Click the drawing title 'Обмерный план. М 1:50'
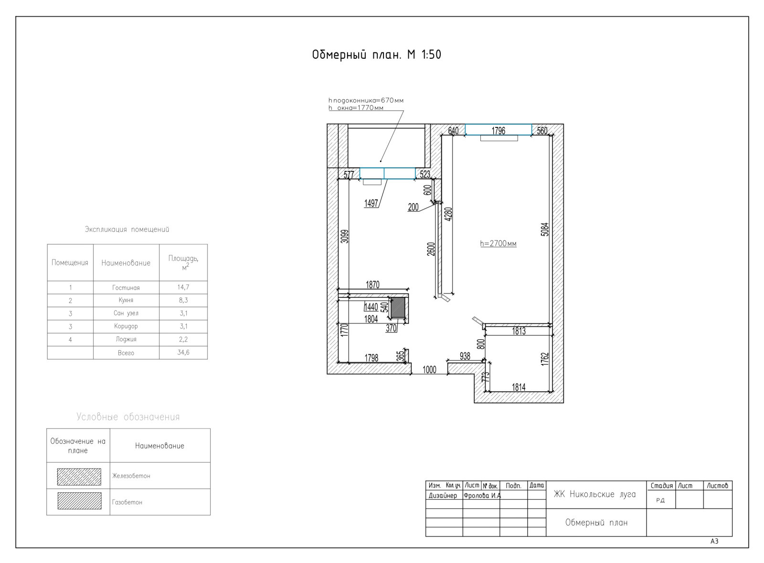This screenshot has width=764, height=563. pos(377,54)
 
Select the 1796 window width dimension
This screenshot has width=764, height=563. pos(498,131)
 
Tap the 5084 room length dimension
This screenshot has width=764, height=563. pos(545,229)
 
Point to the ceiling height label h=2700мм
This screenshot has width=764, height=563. pos(499,243)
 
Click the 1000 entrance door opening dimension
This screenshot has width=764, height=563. pos(429,370)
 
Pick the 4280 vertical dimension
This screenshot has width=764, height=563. pos(449,214)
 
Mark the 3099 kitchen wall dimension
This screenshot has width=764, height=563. pos(345,236)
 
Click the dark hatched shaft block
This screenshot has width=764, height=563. pos(397,308)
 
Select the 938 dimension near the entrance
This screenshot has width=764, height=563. pos(465,356)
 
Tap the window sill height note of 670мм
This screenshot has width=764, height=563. pos(366,101)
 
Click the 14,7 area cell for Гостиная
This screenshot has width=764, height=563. pos(183,287)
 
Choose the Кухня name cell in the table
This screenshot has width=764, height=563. pos(126,300)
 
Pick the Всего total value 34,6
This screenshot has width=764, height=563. pos(183,353)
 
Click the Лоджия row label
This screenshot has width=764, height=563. pos(126,339)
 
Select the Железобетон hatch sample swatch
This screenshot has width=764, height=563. pos(79,477)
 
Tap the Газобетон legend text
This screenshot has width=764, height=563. pos(127,502)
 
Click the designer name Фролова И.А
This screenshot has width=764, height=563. pos(482,496)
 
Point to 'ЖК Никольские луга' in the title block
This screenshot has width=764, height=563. pos(594,494)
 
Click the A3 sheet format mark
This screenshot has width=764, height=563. pos(714,541)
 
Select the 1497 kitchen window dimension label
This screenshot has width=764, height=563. pos(371,203)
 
